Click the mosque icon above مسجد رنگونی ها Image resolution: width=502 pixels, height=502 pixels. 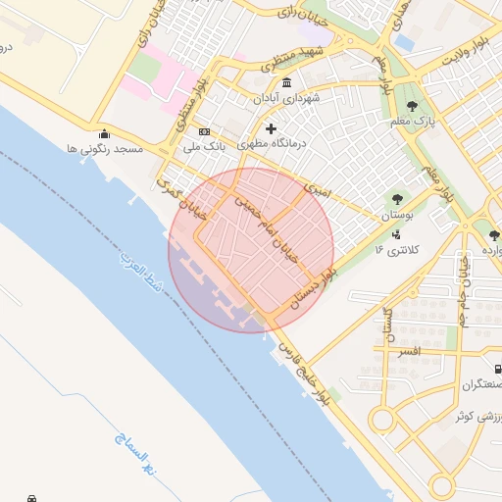coord(104,134)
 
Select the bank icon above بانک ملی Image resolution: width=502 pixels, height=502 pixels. coord(204,131)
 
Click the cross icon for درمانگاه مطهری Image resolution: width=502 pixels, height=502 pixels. coord(271,128)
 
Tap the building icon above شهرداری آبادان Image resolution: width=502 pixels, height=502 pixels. coord(285,83)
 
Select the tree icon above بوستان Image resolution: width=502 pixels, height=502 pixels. coord(396,199)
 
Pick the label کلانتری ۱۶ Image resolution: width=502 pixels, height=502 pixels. coord(396,250)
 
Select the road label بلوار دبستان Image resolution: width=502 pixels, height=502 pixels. coord(312,282)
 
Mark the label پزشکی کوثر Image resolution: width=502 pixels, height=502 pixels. coord(479,416)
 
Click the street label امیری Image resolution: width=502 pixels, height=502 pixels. coord(321,184)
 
